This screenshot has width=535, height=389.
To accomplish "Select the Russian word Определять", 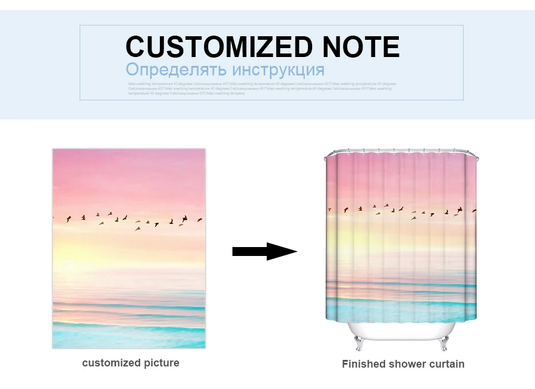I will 176,69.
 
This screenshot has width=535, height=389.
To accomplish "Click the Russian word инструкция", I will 278,69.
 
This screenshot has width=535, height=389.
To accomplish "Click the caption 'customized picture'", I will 130,363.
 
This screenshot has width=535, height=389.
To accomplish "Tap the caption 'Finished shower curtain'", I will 403,364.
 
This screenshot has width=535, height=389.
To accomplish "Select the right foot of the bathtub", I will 444,343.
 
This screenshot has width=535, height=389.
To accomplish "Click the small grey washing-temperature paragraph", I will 262,88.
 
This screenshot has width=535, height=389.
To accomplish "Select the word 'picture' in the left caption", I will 159,363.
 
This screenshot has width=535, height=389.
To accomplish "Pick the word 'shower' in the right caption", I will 407,364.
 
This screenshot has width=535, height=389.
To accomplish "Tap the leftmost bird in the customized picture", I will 69,219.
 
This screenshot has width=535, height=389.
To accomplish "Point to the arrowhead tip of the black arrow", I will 296,251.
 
